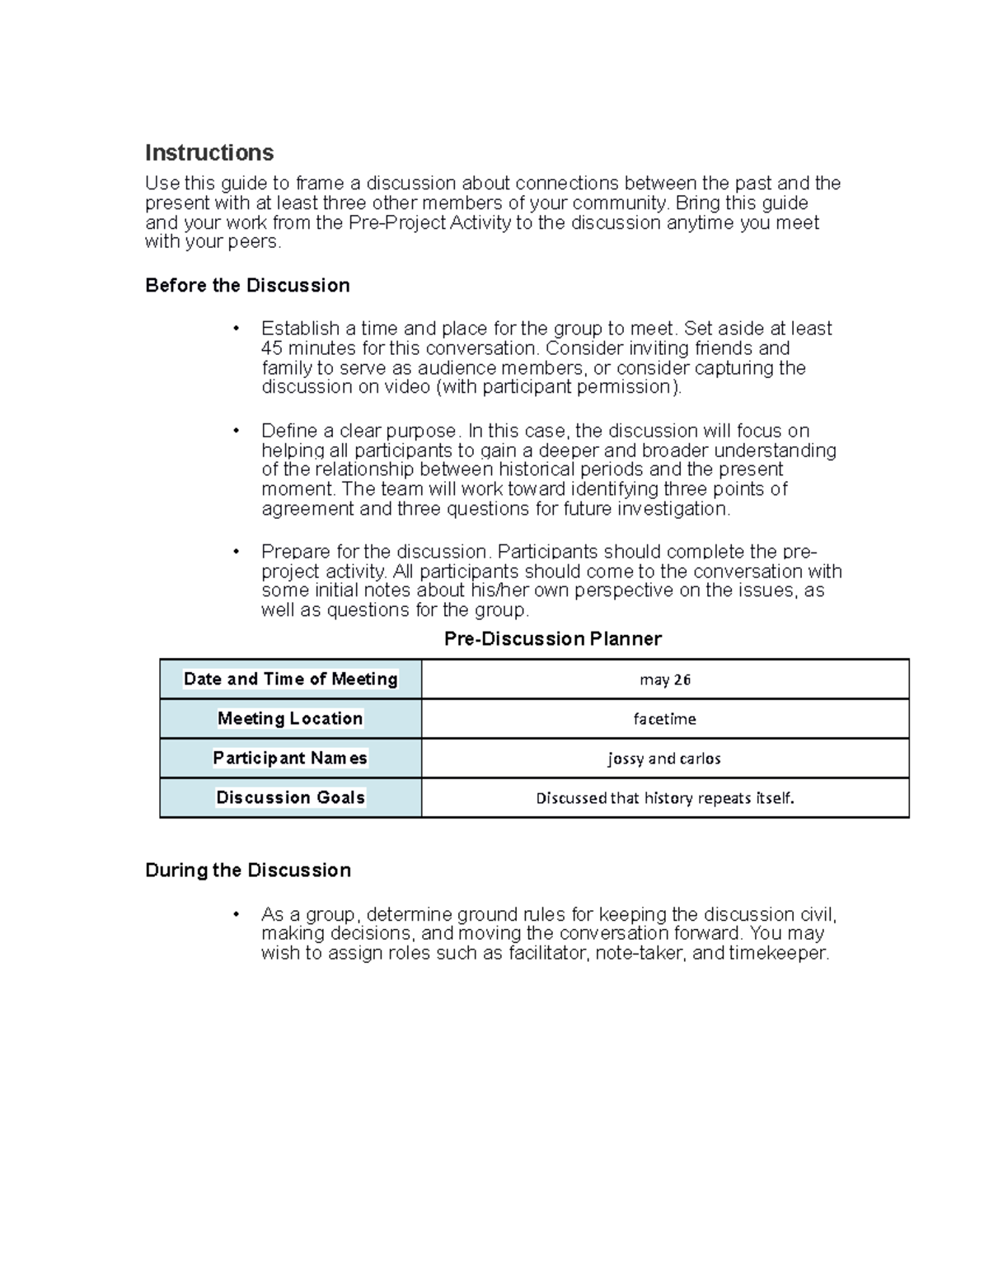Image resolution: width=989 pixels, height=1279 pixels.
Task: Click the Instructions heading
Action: click(209, 153)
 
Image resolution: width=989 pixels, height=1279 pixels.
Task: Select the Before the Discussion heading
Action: click(247, 286)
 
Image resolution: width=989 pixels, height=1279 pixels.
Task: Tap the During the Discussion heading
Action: click(248, 871)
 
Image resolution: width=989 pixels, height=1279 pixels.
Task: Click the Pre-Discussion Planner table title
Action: click(552, 639)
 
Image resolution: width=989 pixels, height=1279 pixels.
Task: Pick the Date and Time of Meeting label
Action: click(290, 679)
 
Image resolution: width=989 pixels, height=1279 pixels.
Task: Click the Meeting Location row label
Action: click(290, 719)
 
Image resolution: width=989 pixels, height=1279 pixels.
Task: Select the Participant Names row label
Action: click(290, 759)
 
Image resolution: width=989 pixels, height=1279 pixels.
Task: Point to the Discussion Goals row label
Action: click(290, 798)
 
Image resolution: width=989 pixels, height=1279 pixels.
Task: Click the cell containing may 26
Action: click(664, 679)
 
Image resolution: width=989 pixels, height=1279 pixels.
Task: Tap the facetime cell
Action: click(664, 719)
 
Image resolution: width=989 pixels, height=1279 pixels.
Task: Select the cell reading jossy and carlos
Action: click(664, 759)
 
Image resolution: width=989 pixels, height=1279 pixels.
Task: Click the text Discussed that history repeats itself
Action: click(664, 798)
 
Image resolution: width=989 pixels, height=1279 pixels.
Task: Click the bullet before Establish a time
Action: click(236, 329)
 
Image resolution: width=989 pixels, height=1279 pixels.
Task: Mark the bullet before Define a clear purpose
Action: click(236, 432)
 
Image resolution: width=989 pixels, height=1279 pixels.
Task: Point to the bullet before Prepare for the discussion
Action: click(236, 552)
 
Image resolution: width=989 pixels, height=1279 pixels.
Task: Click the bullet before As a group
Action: click(236, 915)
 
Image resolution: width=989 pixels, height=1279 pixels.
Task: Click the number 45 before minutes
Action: click(272, 348)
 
